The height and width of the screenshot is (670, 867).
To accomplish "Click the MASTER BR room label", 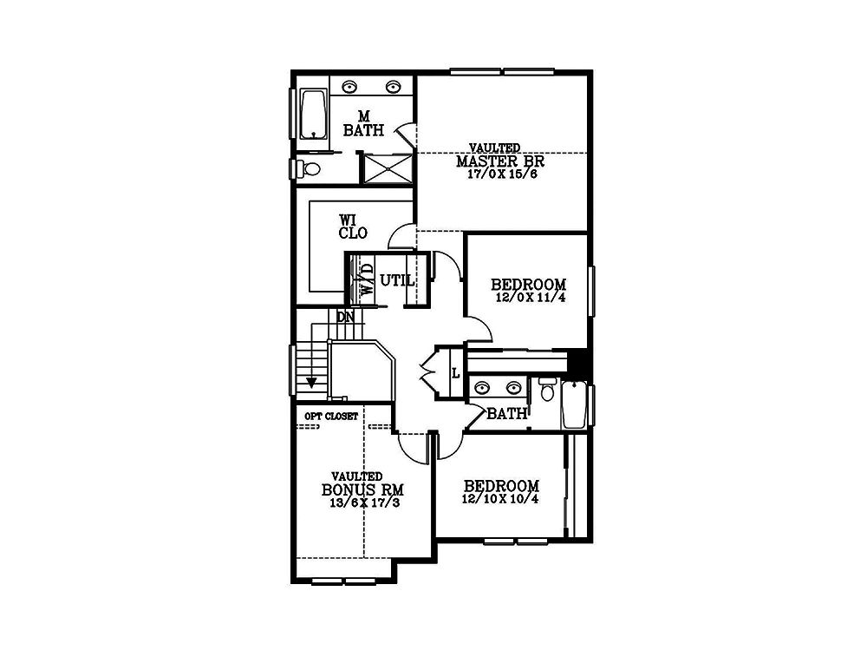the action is [500, 161].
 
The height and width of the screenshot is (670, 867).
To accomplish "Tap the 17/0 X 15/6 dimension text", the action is [502, 174].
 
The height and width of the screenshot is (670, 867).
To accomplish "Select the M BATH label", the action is [363, 123].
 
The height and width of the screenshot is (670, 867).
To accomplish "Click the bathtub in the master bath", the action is [313, 114].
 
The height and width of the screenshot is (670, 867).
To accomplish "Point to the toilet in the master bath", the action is [310, 167].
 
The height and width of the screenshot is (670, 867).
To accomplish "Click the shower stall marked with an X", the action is [387, 168].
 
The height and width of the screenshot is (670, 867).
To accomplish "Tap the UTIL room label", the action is [397, 280].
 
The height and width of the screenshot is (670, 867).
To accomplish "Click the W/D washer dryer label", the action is [367, 279].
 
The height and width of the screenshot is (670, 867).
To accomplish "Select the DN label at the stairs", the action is [346, 318].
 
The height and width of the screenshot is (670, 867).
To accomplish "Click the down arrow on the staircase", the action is [311, 382].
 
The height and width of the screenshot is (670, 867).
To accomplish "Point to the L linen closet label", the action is [456, 374].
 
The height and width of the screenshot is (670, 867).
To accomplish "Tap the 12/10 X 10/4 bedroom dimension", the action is [500, 499].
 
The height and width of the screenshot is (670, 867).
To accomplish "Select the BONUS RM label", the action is [362, 489].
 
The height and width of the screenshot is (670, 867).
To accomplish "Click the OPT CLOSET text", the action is [331, 416].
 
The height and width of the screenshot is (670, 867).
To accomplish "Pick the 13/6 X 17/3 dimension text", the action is [364, 502].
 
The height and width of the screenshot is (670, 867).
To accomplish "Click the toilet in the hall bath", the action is [547, 390].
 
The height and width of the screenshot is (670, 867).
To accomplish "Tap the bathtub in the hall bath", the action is [575, 404].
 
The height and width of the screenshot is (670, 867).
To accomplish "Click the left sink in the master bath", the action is [349, 87].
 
